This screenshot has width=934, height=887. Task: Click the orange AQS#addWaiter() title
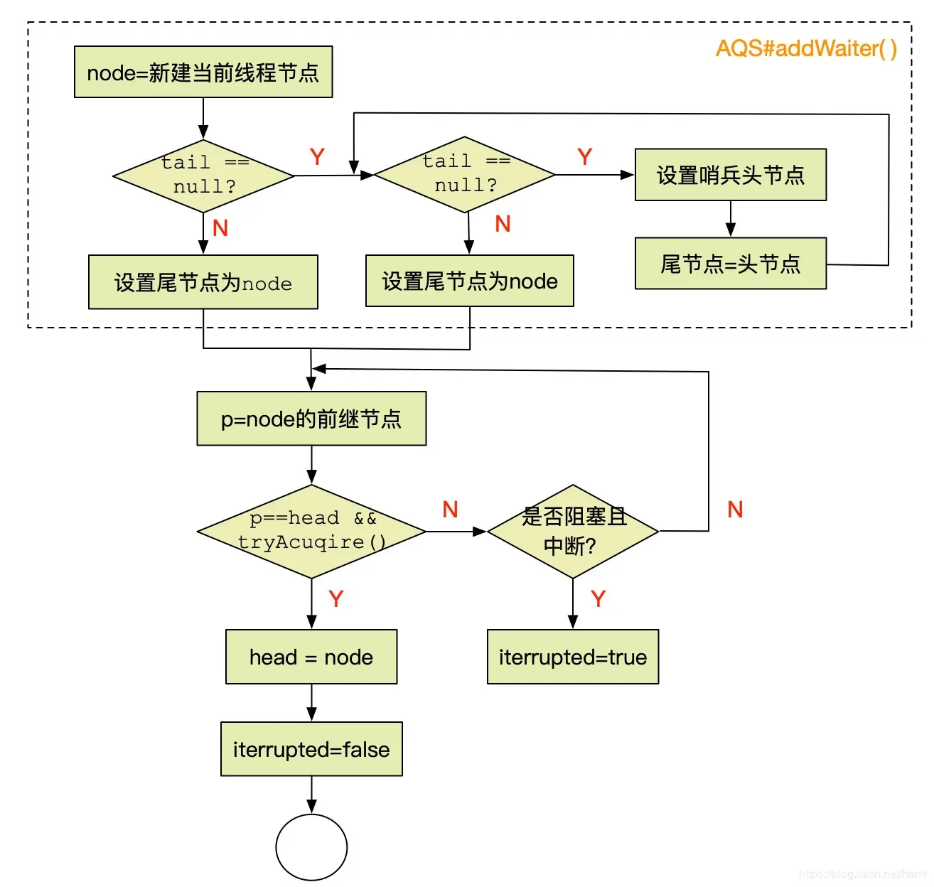coord(806,48)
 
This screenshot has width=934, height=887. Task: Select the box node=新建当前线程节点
coord(203,72)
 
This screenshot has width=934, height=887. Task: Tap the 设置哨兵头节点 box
coord(730,175)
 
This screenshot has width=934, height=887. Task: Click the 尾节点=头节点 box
coord(730,264)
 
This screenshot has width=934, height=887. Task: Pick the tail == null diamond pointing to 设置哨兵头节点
coord(465,174)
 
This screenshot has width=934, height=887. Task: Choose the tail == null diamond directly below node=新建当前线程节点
coord(203,176)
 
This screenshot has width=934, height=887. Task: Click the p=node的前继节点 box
coord(311,419)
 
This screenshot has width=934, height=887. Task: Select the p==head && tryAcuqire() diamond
coord(311,531)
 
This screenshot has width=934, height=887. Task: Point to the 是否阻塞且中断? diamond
coord(573,531)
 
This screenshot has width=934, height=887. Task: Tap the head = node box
coord(311,657)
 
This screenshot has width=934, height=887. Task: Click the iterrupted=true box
coord(573,657)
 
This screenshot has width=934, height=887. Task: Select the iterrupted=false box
coord(311,749)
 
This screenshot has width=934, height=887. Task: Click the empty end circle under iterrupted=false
coord(311,847)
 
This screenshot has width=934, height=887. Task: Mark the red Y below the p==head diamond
coord(336,598)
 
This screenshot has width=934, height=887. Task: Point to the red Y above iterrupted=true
coord(598,598)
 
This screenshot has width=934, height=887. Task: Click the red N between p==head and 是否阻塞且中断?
coord(450,509)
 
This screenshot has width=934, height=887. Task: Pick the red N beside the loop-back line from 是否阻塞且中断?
coord(735,509)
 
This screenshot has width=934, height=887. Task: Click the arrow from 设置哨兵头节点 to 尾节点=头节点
coord(730,219)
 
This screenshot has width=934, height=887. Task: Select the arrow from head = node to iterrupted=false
coord(311,703)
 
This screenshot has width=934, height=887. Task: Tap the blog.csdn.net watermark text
coord(861,874)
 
